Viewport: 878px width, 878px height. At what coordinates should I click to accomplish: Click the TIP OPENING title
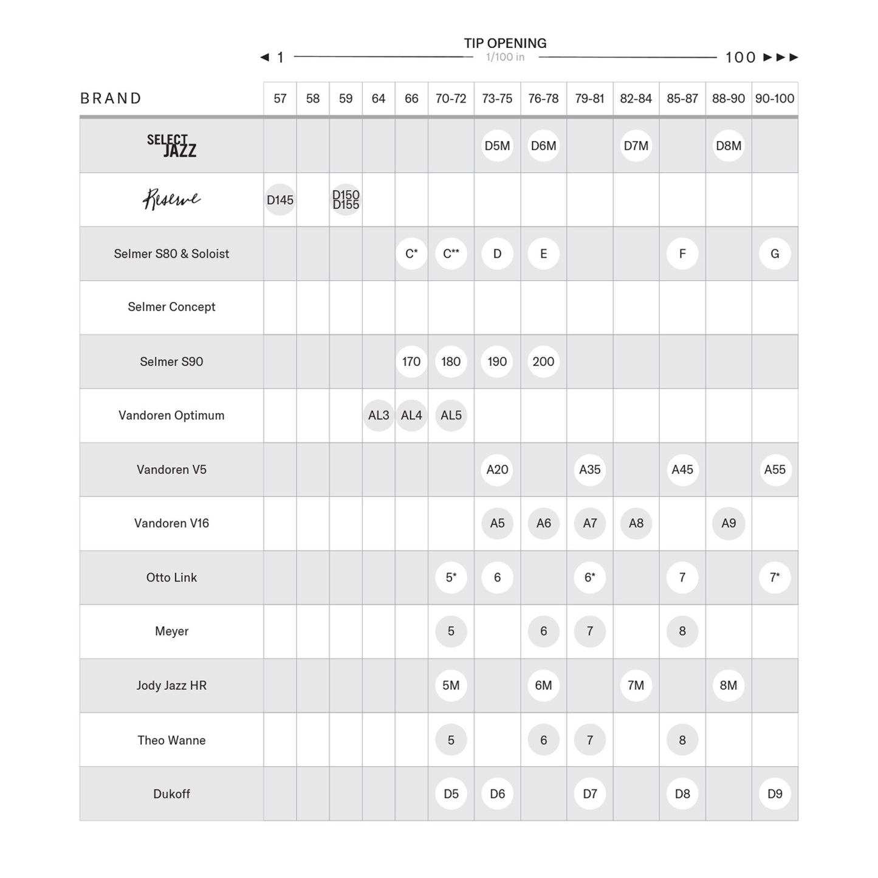tap(505, 43)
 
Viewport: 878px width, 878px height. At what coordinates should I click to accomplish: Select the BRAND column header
tap(111, 98)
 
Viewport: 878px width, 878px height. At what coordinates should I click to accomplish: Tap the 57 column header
tap(280, 98)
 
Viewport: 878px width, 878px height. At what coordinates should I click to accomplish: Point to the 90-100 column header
tap(775, 98)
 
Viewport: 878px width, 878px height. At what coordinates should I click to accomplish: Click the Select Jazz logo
tap(171, 146)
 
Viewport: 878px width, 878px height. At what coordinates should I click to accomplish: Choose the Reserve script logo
tap(171, 199)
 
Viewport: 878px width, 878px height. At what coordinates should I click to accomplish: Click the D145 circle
tap(280, 200)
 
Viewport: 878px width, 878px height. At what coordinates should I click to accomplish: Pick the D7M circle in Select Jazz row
tap(636, 146)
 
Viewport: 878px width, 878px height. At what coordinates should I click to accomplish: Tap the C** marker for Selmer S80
tap(451, 253)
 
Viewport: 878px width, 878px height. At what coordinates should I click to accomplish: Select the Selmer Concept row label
tap(171, 307)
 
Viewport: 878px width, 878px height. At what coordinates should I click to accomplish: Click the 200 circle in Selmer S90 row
tap(543, 362)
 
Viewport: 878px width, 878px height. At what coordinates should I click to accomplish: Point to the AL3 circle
tap(379, 416)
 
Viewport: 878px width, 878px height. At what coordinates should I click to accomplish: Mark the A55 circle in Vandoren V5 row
tap(775, 470)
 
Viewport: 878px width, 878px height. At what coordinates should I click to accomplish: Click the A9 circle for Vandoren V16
tap(729, 523)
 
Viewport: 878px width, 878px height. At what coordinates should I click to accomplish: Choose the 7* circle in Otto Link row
tap(775, 577)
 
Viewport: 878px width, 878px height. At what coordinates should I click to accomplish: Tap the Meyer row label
tap(171, 631)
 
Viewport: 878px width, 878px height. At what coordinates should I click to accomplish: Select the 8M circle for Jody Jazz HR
tap(729, 685)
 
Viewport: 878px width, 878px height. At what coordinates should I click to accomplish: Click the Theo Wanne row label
tap(171, 740)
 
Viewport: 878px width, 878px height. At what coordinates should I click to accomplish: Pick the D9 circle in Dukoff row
tap(775, 794)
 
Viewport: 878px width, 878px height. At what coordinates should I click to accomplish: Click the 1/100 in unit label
tap(505, 57)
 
